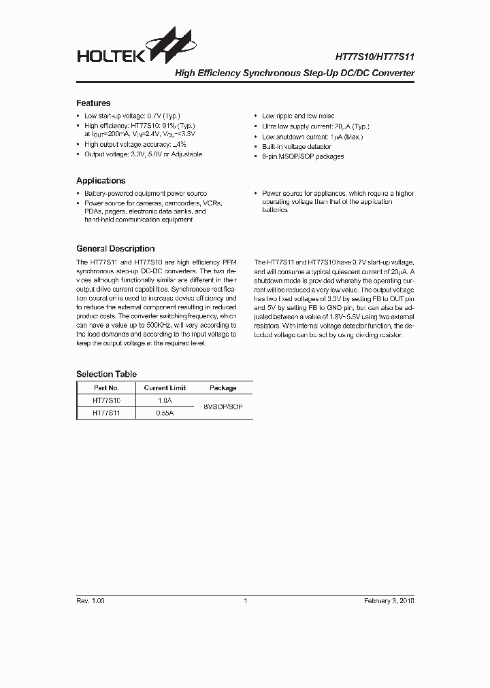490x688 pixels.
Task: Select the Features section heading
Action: (x=93, y=103)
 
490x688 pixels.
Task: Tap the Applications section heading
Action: (x=101, y=181)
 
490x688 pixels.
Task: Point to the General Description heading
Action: (x=115, y=249)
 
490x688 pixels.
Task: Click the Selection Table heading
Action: (x=106, y=374)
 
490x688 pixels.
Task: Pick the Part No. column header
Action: (x=106, y=388)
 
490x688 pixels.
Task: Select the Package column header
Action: (x=223, y=388)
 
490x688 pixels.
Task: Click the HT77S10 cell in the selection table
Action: (x=106, y=401)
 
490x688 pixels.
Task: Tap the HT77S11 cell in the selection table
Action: (x=106, y=413)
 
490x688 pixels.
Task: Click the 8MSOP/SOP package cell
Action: (x=223, y=407)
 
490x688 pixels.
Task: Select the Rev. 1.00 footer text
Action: (x=91, y=601)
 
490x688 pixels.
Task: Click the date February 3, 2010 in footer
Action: (x=389, y=601)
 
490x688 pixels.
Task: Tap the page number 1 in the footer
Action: (x=245, y=601)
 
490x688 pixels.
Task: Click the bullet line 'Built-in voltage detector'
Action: (x=297, y=147)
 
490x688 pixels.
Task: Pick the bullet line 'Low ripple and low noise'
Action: (x=298, y=116)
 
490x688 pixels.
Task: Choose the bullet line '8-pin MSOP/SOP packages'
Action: (x=303, y=157)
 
